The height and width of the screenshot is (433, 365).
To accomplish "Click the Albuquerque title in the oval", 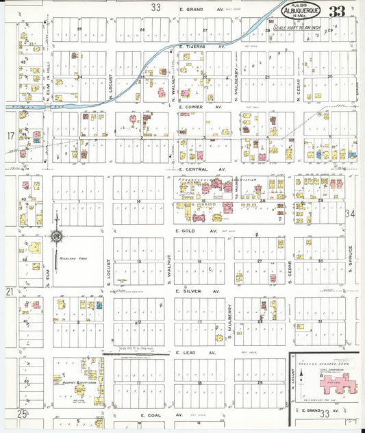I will (x=299, y=12).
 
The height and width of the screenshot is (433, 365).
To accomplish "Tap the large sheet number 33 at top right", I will (x=336, y=12).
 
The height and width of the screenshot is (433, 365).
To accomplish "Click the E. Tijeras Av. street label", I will (x=201, y=46).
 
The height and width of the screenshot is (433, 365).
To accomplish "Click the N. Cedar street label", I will (x=299, y=87).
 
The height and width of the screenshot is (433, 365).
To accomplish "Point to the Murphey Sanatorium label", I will (x=77, y=384).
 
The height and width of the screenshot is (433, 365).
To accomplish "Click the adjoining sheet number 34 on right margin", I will (x=351, y=214).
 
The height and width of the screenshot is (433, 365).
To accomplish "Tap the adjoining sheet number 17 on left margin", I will (x=10, y=136).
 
